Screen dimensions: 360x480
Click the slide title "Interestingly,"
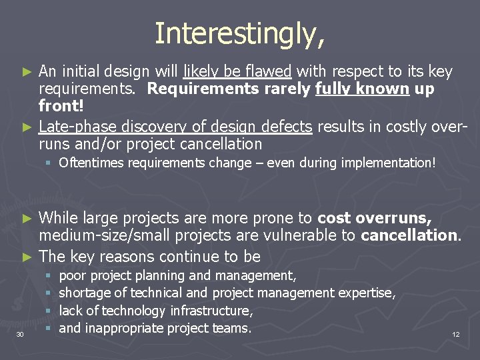pyautogui.click(x=240, y=34)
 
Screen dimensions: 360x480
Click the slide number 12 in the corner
pyautogui.click(x=456, y=334)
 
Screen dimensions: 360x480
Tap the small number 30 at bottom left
pyautogui.click(x=20, y=334)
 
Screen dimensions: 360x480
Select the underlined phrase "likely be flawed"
pyautogui.click(x=238, y=71)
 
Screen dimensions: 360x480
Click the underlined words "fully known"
pyautogui.click(x=372, y=89)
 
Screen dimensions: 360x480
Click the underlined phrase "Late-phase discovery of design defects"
pyautogui.click(x=175, y=126)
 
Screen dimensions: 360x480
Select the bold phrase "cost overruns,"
pyautogui.click(x=375, y=217)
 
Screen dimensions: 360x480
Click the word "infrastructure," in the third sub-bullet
pyautogui.click(x=211, y=311)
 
